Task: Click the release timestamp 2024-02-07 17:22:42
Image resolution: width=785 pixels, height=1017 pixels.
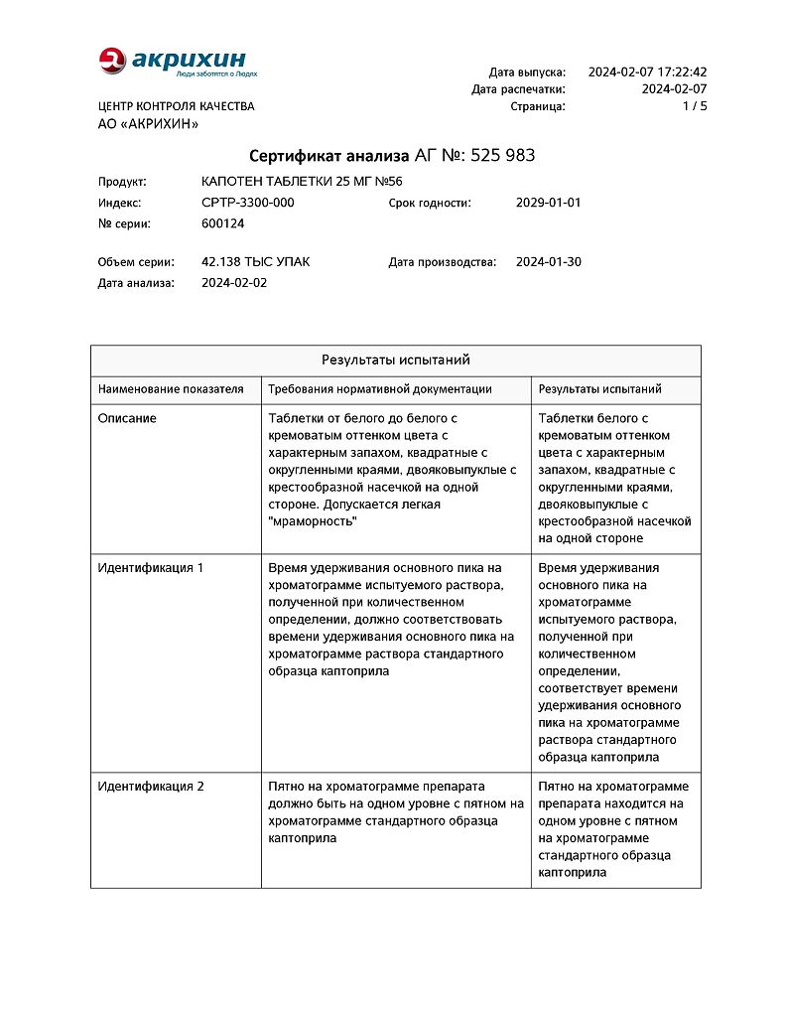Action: click(x=647, y=73)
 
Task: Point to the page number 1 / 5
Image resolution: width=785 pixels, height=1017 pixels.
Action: click(x=695, y=106)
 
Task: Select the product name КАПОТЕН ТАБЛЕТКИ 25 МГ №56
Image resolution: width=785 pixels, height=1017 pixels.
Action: click(x=302, y=182)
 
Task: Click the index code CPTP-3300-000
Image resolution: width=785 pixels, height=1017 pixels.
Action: click(x=247, y=203)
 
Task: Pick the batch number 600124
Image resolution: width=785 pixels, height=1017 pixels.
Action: click(x=222, y=223)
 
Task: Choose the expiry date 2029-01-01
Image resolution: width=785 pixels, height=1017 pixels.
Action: click(x=548, y=203)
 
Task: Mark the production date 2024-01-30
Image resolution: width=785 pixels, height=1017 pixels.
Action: click(x=548, y=262)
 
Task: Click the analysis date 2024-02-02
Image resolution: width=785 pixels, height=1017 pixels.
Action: click(x=233, y=283)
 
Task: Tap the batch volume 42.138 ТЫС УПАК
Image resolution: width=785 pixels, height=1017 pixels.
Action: click(x=255, y=262)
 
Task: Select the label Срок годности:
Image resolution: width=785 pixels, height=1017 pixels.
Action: click(x=429, y=203)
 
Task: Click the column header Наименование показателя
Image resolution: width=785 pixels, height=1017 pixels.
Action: click(x=171, y=389)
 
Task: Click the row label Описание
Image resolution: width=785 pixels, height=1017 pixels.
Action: click(x=127, y=419)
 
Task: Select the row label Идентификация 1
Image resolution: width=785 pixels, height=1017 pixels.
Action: click(x=151, y=568)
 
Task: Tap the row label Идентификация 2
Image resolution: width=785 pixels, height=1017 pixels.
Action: click(x=151, y=787)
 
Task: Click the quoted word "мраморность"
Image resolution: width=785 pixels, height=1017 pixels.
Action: click(x=313, y=521)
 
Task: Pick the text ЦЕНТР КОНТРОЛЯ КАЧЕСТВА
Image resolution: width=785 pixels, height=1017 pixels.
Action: click(x=176, y=106)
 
